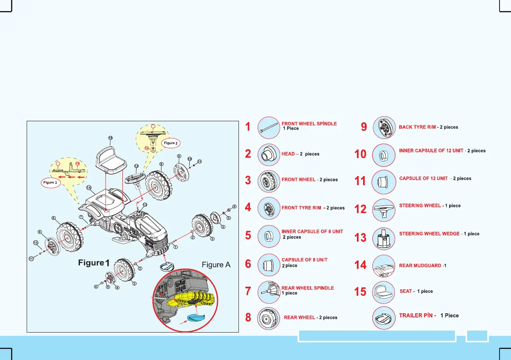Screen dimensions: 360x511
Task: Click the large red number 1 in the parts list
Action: click(248, 127)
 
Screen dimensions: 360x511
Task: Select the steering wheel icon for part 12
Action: click(384, 209)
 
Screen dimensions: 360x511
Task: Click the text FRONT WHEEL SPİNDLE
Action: click(309, 123)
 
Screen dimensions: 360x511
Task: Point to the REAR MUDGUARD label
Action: click(420, 266)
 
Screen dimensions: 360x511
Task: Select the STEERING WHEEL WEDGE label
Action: click(429, 234)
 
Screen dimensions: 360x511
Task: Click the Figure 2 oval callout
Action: click(170, 143)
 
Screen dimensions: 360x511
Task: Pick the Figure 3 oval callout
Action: click(50, 182)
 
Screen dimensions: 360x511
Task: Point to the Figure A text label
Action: click(216, 265)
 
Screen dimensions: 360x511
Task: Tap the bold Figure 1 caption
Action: click(94, 263)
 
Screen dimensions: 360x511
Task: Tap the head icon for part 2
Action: click(269, 154)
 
